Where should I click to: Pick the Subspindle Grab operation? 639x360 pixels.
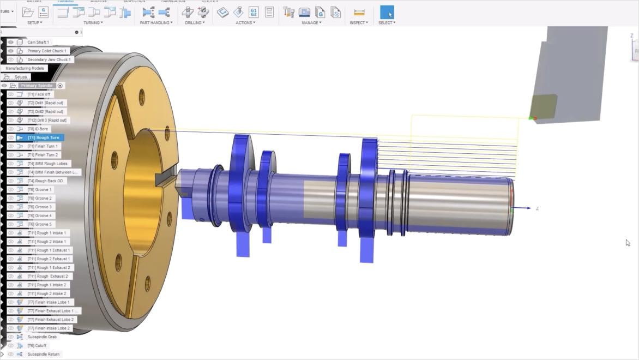click(42, 337)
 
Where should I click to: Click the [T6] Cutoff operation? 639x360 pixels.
click(37, 345)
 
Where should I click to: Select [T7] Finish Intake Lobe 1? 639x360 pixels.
click(49, 302)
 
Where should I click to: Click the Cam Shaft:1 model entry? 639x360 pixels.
click(38, 42)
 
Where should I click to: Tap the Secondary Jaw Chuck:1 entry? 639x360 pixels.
click(48, 59)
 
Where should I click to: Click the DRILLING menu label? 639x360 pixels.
click(194, 22)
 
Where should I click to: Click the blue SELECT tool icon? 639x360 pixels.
click(387, 12)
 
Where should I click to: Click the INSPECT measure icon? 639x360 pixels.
click(359, 12)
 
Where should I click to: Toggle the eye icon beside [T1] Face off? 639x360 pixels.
click(10, 94)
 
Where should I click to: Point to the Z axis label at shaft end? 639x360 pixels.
click(537, 208)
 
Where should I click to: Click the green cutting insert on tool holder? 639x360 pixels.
click(544, 106)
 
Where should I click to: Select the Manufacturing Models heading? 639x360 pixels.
click(25, 68)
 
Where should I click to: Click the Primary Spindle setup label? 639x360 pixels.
click(37, 86)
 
